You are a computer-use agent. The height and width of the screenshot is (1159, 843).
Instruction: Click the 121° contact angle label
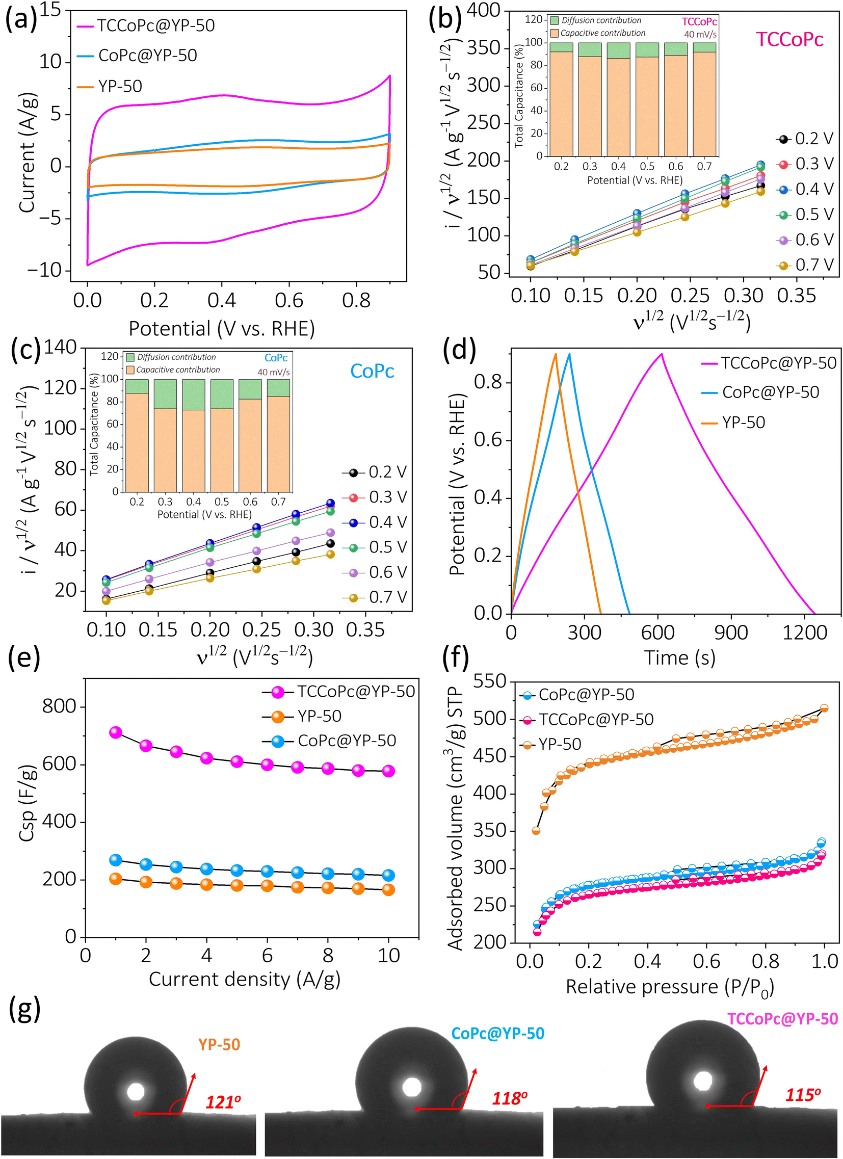click(223, 1102)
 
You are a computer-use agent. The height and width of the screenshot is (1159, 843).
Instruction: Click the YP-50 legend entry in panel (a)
click(110, 86)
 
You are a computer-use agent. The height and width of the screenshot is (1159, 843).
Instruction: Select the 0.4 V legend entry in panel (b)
click(805, 189)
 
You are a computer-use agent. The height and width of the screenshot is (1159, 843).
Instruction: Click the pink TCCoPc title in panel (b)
click(789, 39)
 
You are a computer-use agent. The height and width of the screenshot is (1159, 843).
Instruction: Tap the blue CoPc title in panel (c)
click(372, 371)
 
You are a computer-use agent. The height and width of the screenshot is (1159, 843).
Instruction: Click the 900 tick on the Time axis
click(731, 633)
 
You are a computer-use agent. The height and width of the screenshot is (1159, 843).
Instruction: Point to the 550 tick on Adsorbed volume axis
click(489, 681)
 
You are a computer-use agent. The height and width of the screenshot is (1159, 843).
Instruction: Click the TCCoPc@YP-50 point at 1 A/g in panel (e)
click(116, 732)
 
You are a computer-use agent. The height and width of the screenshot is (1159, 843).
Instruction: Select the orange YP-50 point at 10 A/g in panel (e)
click(388, 890)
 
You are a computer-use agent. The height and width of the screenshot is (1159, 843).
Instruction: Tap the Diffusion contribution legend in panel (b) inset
click(596, 20)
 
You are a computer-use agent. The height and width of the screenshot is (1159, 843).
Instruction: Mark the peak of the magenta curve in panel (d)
click(662, 354)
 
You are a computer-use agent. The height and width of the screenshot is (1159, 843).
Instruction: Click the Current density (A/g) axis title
click(245, 979)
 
